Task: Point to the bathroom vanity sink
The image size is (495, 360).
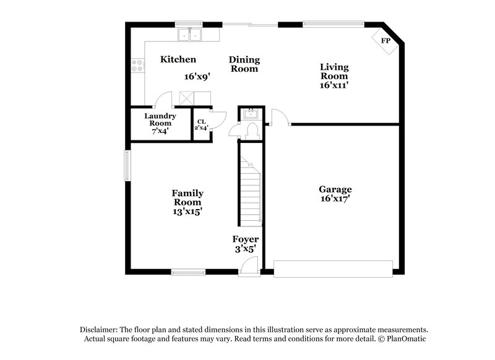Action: tap(251, 113)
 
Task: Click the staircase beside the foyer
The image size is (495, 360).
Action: tap(250, 192)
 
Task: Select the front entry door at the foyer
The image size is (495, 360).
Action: tap(247, 266)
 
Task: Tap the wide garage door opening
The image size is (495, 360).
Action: tap(334, 268)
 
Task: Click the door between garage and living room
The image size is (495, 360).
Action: tap(278, 118)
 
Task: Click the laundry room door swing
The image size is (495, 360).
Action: tap(163, 100)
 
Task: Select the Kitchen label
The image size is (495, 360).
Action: tap(178, 60)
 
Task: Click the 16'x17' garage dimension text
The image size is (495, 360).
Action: tap(335, 199)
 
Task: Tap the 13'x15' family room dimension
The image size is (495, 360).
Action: tap(187, 212)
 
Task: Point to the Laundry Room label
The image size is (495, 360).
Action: tap(160, 119)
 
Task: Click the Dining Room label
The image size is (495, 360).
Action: tap(244, 64)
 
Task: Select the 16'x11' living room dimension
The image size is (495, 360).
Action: tap(334, 86)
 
